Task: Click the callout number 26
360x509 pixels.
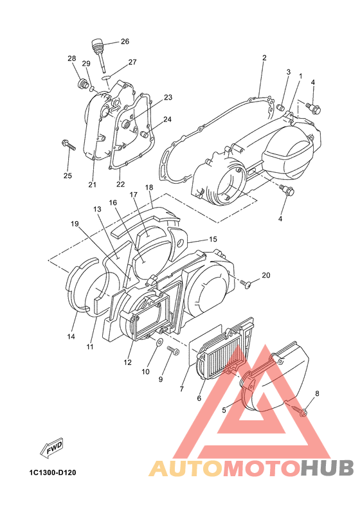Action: pyautogui.click(x=125, y=42)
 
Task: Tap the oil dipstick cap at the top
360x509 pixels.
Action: pyautogui.click(x=96, y=44)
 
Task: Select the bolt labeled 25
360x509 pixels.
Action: pyautogui.click(x=68, y=145)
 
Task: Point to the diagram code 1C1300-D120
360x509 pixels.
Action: pyautogui.click(x=52, y=472)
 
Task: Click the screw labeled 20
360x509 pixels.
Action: pyautogui.click(x=246, y=285)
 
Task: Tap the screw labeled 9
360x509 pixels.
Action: pyautogui.click(x=173, y=350)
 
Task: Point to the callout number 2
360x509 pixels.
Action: pyautogui.click(x=264, y=58)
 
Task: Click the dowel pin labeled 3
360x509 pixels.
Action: pyautogui.click(x=281, y=107)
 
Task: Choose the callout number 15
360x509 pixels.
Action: pyautogui.click(x=213, y=239)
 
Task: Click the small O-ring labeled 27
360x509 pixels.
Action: pyautogui.click(x=106, y=78)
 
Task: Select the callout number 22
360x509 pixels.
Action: pyautogui.click(x=120, y=184)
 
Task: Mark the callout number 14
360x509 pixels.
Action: pyautogui.click(x=71, y=337)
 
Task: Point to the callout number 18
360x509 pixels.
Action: pyautogui.click(x=149, y=187)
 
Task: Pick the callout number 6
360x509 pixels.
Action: pyautogui.click(x=199, y=398)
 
